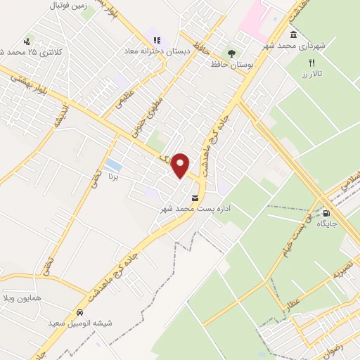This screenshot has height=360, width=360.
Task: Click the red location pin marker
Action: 181,165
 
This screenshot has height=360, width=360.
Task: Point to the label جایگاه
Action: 327,224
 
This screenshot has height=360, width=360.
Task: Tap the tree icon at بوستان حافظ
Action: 232,53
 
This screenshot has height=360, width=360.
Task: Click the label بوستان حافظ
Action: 231,64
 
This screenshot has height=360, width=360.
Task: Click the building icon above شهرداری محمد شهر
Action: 293,35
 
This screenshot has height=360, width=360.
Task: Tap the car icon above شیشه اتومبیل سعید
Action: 80,312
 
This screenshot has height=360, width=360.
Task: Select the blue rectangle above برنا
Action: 112,166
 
